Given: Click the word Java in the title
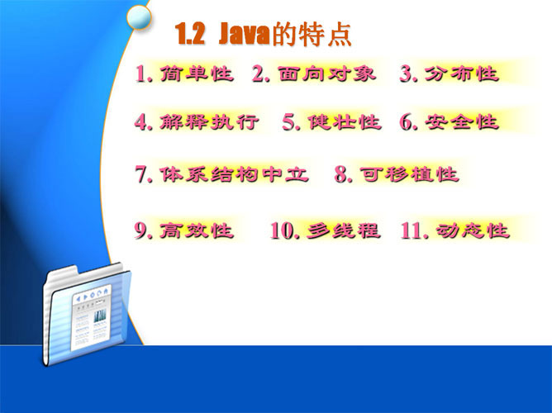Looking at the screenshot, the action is pyautogui.click(x=244, y=35).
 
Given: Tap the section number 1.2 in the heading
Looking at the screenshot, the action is pyautogui.click(x=190, y=35).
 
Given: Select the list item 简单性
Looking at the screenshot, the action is pyautogui.click(x=197, y=74).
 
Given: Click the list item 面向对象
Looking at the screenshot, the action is pyautogui.click(x=327, y=74).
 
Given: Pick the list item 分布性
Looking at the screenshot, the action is pyautogui.click(x=462, y=74).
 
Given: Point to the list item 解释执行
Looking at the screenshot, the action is pyautogui.click(x=209, y=122).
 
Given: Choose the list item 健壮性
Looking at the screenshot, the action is pyautogui.click(x=345, y=122).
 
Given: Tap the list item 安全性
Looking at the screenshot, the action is pyautogui.click(x=462, y=122).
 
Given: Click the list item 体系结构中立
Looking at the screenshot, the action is pyautogui.click(x=234, y=174).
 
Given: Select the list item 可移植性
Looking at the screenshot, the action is pyautogui.click(x=409, y=174).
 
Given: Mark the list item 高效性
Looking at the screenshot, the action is pyautogui.click(x=197, y=230).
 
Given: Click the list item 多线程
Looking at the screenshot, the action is pyautogui.click(x=344, y=230).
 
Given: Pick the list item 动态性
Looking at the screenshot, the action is pyautogui.click(x=473, y=230).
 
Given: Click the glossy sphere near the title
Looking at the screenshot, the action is pyautogui.click(x=139, y=17).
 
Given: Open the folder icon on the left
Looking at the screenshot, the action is pyautogui.click(x=86, y=314).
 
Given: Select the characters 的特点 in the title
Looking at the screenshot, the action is pyautogui.click(x=312, y=35).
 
